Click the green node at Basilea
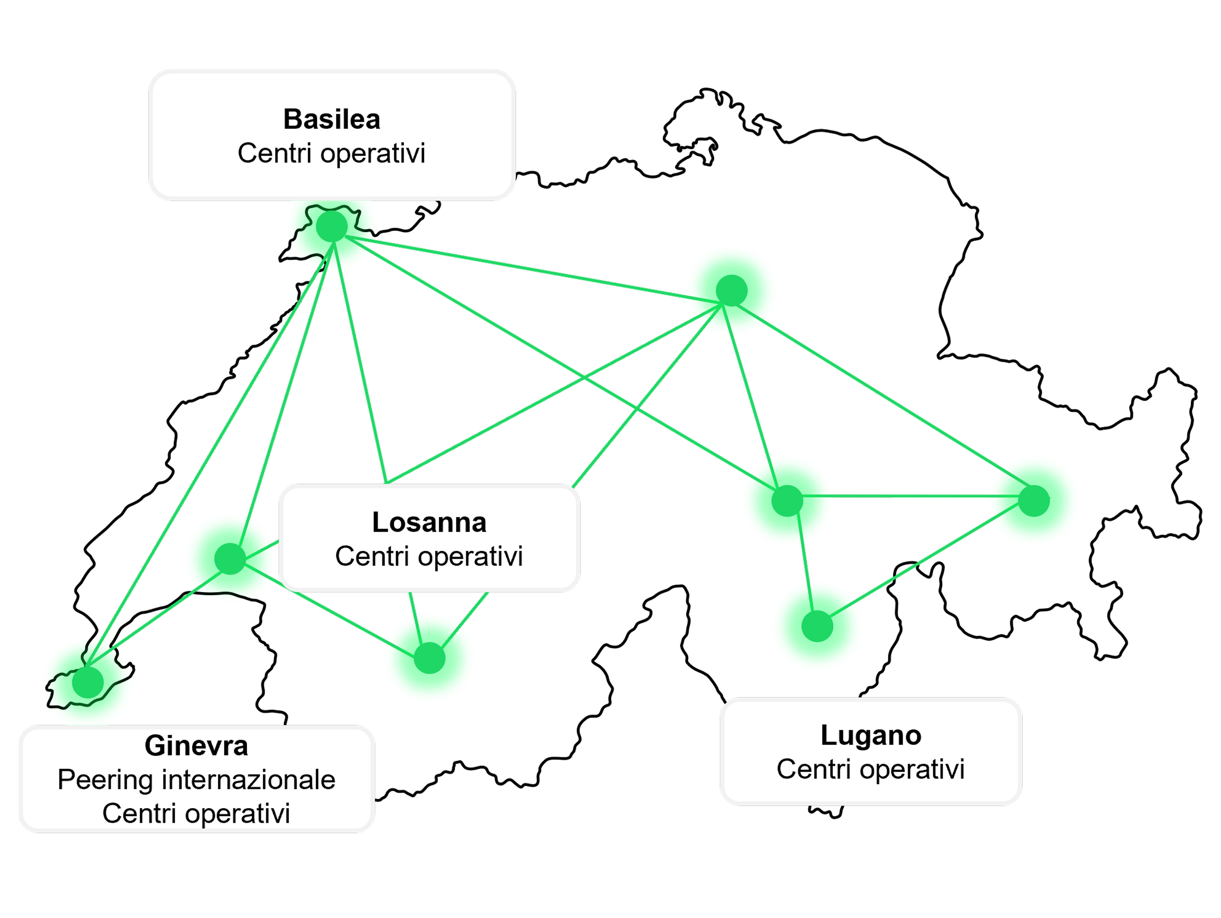pyautogui.click(x=332, y=226)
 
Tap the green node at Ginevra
pyautogui.click(x=88, y=682)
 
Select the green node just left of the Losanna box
pyautogui.click(x=230, y=558)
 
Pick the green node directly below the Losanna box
pyautogui.click(x=429, y=658)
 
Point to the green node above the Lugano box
pyautogui.click(x=817, y=626)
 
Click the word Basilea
pyautogui.click(x=332, y=119)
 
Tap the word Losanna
pyautogui.click(x=429, y=522)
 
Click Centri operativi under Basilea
pyautogui.click(x=331, y=153)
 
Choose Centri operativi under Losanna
pyautogui.click(x=429, y=556)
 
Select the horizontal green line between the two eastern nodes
pyautogui.click(x=911, y=496)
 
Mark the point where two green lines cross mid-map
pyautogui.click(x=585, y=377)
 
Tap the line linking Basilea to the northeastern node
pyautogui.click(x=530, y=269)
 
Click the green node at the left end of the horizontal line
pyautogui.click(x=786, y=501)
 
